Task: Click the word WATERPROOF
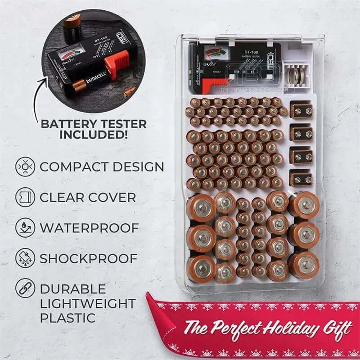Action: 89,228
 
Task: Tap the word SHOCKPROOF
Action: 88,258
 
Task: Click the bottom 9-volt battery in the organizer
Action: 301,178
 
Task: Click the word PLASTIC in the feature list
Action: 67,317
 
